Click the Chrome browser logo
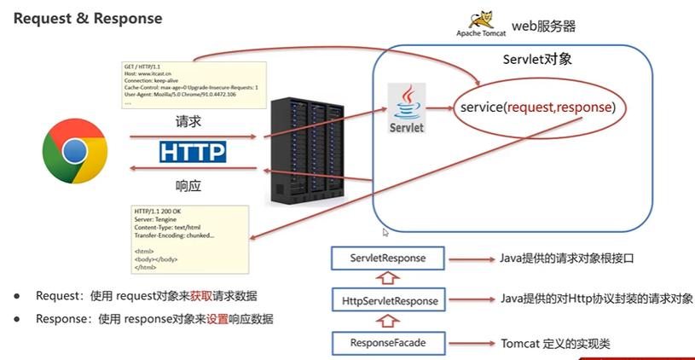click(75, 151)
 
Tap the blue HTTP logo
click(193, 152)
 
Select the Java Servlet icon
click(406, 107)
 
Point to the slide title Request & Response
click(88, 18)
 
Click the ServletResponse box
click(388, 258)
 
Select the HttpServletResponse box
click(388, 300)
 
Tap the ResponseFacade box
click(388, 343)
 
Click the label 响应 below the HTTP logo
click(188, 185)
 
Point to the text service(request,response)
click(537, 108)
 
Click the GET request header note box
click(192, 83)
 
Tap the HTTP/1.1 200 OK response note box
click(189, 238)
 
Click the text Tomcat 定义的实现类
click(554, 343)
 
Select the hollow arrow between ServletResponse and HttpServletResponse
click(388, 279)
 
